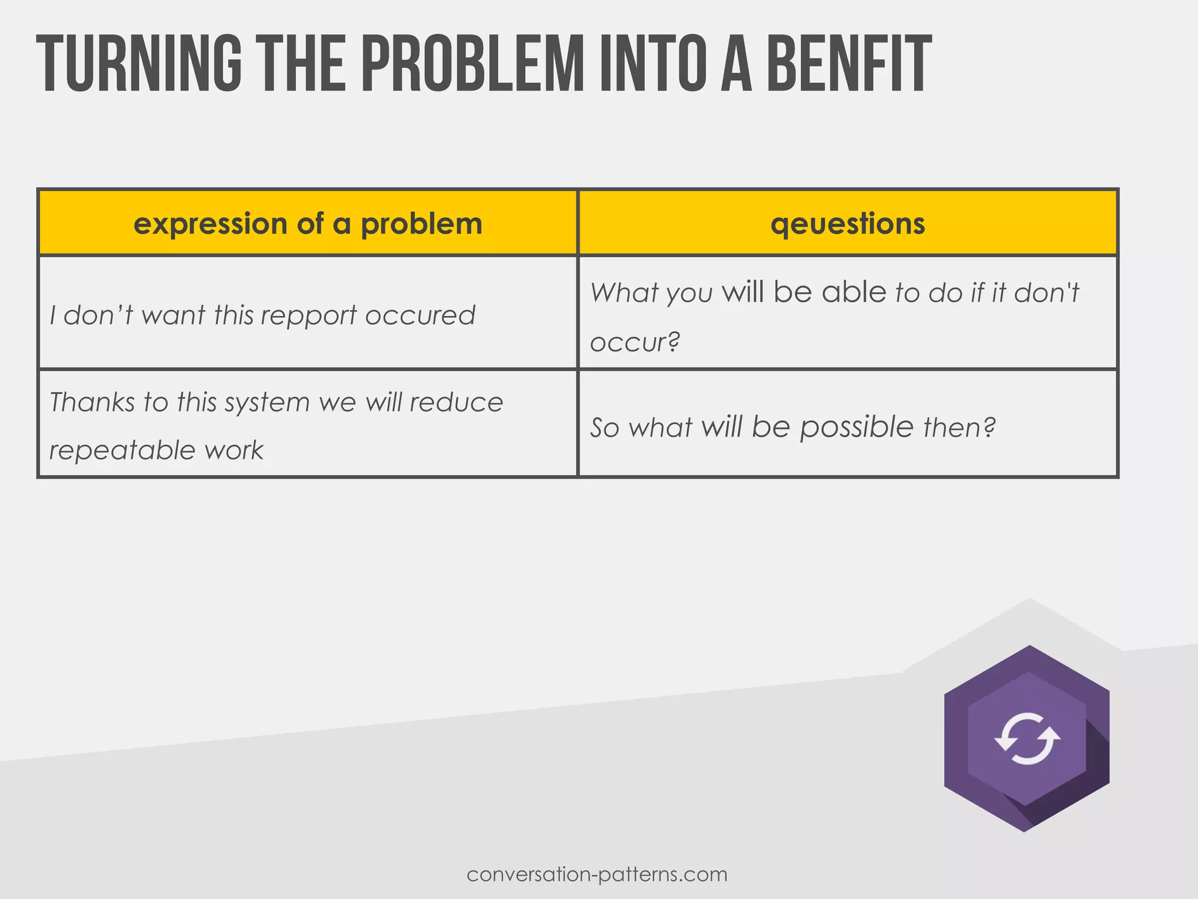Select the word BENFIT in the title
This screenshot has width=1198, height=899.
click(x=848, y=64)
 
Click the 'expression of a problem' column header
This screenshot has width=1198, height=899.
click(x=308, y=224)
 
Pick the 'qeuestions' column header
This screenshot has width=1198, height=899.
click(x=848, y=224)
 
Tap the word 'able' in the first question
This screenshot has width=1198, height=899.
click(x=853, y=292)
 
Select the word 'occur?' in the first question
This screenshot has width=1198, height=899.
click(x=635, y=342)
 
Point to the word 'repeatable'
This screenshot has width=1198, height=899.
click(x=122, y=450)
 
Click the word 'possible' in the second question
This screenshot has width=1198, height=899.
click(x=856, y=428)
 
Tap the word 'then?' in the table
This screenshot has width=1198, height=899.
click(x=959, y=427)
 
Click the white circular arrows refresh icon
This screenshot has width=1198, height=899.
click(x=1027, y=739)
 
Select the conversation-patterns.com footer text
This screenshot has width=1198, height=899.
click(x=597, y=874)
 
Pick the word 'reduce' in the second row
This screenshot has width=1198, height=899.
click(x=456, y=402)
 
